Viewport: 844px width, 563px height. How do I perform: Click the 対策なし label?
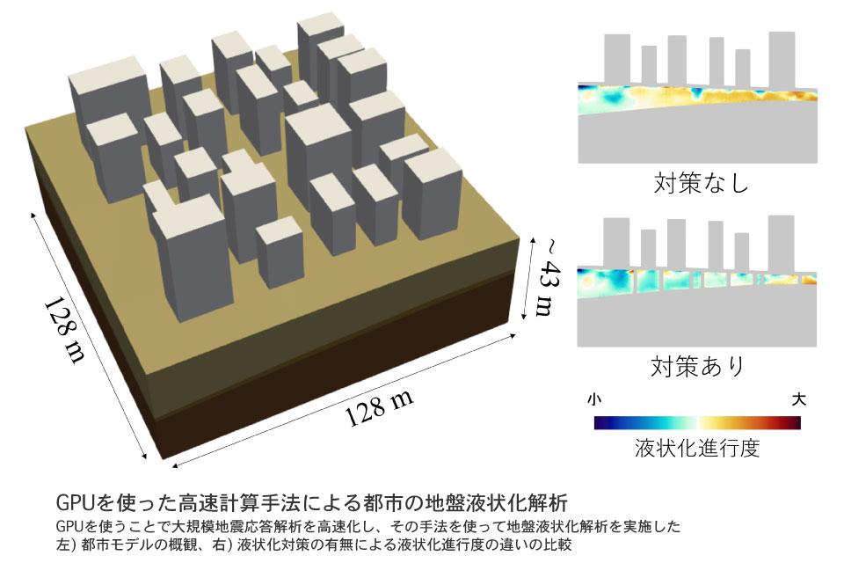701,183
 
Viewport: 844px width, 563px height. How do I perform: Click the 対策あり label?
697,366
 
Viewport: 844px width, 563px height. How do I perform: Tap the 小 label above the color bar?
594,399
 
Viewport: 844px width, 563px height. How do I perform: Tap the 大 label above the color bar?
799,399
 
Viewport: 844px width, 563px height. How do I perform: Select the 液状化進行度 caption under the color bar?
697,448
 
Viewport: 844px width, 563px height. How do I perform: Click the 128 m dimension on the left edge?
64,330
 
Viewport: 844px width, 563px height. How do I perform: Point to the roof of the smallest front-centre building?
279,230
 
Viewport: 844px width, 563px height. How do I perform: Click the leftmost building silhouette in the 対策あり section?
616,243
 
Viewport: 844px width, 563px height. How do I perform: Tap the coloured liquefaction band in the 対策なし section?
697,99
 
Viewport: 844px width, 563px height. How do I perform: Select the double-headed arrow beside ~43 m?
528,278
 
